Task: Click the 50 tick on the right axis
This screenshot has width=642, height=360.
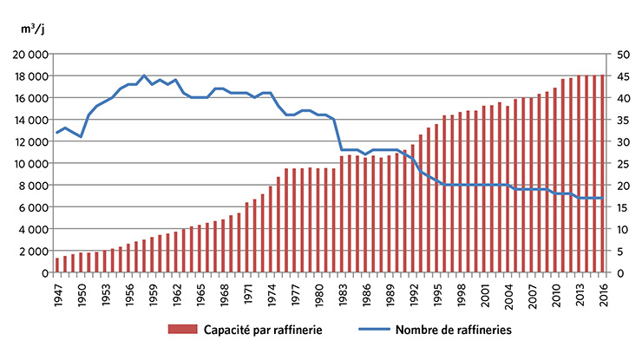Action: [x=622, y=54]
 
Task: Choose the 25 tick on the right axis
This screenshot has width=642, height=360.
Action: [x=622, y=163]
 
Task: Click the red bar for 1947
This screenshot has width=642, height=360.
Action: [x=57, y=265]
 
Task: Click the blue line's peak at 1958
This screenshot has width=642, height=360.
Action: [x=144, y=75]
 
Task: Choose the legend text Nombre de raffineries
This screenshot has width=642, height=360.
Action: [x=448, y=331]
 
